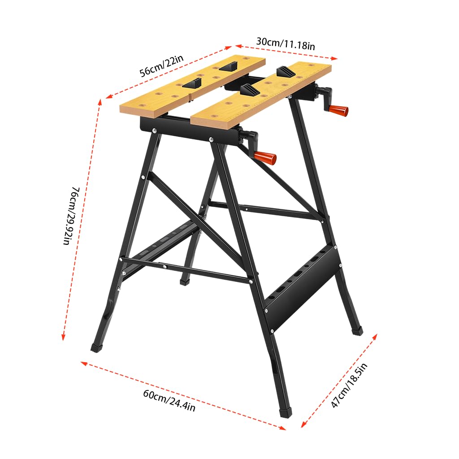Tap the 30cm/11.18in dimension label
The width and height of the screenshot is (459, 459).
pyautogui.click(x=286, y=43)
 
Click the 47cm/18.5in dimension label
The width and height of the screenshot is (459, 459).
pyautogui.click(x=349, y=385)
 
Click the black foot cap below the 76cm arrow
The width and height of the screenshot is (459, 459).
pyautogui.click(x=96, y=347)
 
